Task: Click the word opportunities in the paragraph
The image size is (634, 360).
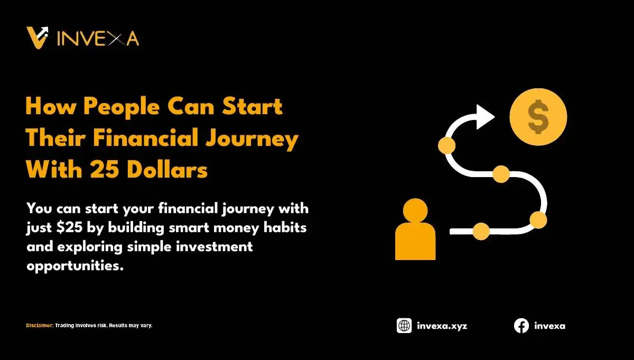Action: click(75, 265)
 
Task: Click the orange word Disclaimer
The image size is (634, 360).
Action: click(40, 325)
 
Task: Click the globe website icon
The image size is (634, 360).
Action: click(404, 326)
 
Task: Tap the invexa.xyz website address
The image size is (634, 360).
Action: click(442, 326)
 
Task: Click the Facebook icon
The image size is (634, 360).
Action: click(521, 326)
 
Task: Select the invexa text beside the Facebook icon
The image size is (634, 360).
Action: click(549, 326)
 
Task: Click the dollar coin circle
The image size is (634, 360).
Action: click(538, 117)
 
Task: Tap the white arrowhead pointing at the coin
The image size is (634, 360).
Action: click(484, 117)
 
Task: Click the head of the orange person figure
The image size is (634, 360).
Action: click(415, 211)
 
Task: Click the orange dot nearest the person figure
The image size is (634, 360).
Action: click(481, 231)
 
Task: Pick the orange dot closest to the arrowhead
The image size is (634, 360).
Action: click(447, 145)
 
